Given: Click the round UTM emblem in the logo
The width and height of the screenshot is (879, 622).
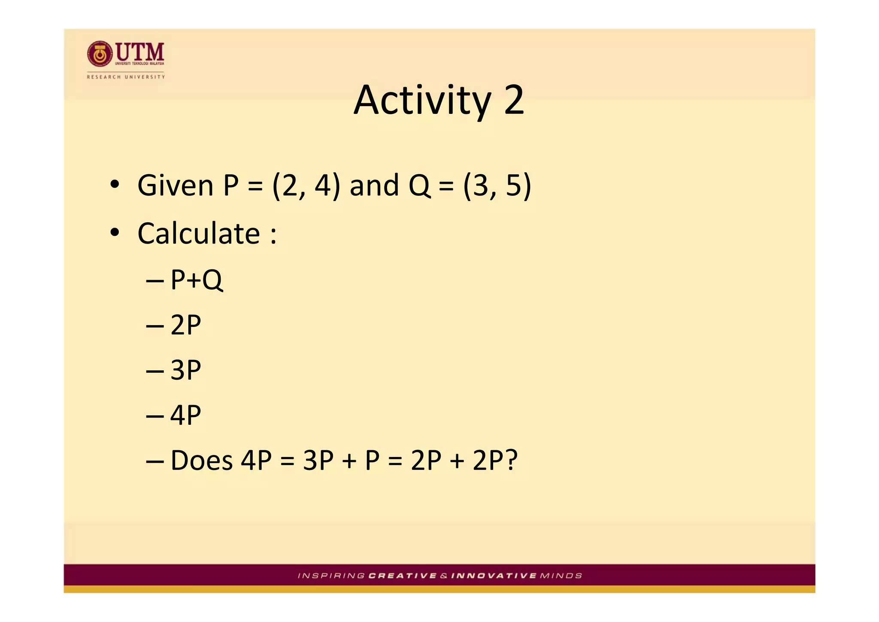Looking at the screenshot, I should click(100, 54).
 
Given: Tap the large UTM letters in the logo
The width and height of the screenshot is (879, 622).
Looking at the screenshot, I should click(140, 52).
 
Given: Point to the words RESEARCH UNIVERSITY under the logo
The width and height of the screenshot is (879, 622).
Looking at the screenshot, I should click(126, 77).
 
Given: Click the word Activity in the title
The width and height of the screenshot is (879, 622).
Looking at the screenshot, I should click(422, 101).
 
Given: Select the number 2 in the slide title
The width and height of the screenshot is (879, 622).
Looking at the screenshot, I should click(514, 100).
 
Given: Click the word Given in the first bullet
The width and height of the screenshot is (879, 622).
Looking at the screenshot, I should click(175, 186).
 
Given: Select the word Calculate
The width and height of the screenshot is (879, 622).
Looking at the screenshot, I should click(199, 234).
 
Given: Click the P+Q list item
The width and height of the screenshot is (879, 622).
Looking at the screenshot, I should click(197, 280).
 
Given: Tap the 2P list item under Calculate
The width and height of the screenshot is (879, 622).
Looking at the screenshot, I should click(185, 325).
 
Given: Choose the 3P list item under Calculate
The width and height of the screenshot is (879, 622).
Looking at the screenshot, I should click(185, 370).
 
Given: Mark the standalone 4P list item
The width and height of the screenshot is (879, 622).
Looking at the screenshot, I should click(185, 415).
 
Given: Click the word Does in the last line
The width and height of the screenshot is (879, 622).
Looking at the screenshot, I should click(201, 460).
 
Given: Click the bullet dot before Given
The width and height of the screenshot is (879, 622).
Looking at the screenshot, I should click(114, 185).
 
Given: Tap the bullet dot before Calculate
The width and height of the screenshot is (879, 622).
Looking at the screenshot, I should click(114, 233).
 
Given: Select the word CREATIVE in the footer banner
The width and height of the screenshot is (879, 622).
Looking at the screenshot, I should click(403, 576).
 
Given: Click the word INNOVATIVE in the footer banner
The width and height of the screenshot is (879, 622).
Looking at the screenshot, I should click(494, 576).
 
